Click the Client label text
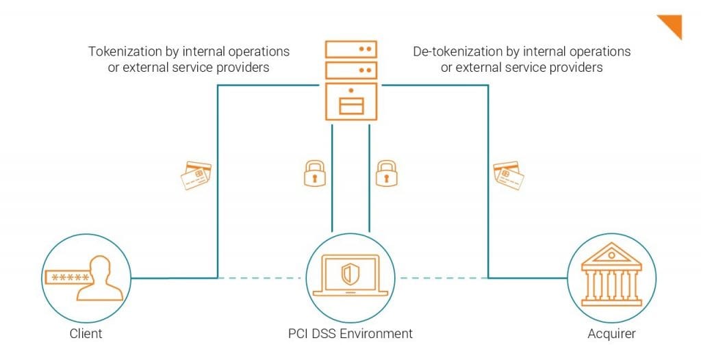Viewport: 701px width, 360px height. [86, 334]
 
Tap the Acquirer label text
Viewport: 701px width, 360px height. [611, 334]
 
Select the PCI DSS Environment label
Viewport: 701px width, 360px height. [350, 334]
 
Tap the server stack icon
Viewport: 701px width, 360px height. [350, 80]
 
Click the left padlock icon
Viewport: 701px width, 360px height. [314, 173]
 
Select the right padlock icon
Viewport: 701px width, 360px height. [386, 173]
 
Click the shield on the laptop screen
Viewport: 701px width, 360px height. [349, 275]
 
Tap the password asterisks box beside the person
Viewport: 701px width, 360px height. [69, 277]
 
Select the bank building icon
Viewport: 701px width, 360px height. [611, 277]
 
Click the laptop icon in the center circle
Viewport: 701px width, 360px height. [350, 277]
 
